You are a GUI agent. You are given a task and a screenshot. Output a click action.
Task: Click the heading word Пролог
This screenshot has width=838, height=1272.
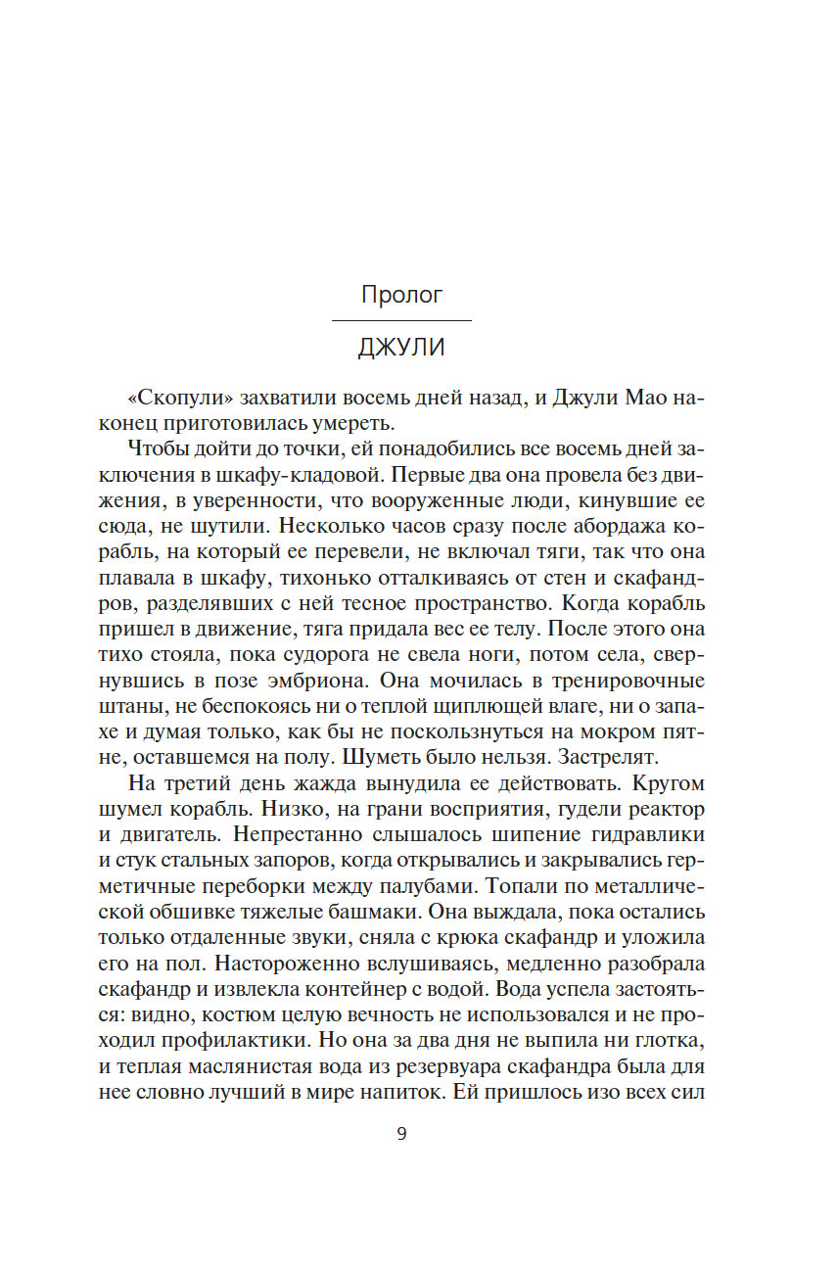[401, 295]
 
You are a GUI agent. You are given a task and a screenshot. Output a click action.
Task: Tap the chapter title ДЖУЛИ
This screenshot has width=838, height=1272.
[401, 348]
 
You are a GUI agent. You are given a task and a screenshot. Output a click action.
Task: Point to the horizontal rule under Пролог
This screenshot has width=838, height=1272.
[401, 320]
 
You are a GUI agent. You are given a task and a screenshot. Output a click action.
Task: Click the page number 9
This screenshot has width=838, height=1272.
[401, 1134]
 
